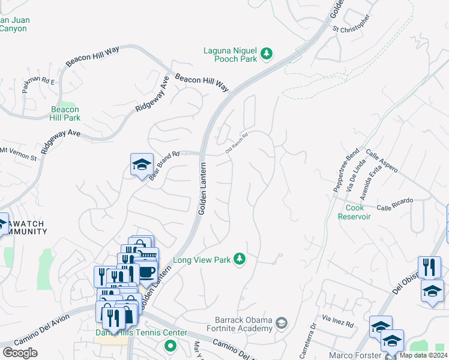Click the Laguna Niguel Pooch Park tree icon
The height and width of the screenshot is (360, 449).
pos(267,55)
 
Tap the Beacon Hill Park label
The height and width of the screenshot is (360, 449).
pos(65,113)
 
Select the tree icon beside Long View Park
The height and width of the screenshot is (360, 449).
pos(240,259)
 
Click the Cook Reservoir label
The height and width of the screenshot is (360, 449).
pos(358,212)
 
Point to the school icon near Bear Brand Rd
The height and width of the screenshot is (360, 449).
pos(142,164)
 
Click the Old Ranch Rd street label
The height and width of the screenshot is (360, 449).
pos(237,142)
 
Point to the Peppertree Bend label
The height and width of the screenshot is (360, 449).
pos(346,170)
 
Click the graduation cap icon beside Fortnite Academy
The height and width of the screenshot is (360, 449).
pos(281,325)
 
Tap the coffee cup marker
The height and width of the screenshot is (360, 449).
pos(147,272)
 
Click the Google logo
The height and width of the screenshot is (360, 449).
pos(20,352)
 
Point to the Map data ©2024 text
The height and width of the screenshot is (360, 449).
pos(423,355)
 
